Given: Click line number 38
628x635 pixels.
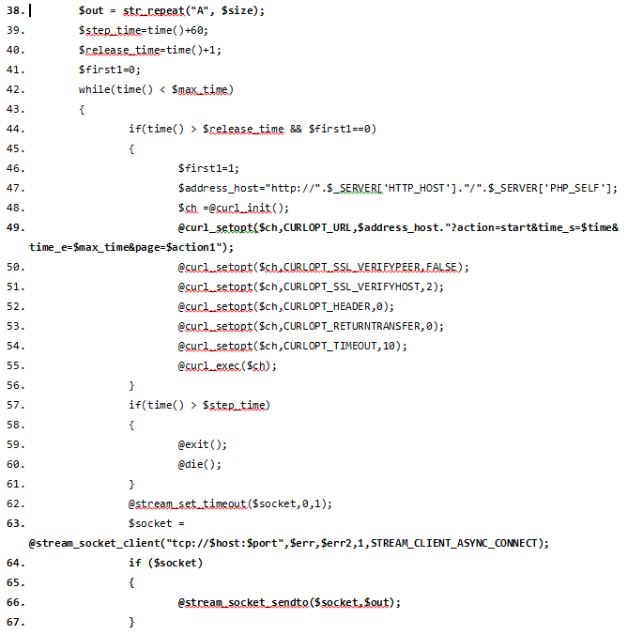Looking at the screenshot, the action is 16,10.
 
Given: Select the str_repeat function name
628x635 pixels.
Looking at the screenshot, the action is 154,11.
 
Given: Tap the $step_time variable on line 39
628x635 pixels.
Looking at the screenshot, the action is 110,31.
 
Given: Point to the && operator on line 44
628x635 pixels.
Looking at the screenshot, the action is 296,129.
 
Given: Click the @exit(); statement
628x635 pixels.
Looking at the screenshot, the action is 203,444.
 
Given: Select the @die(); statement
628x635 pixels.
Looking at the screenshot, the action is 200,464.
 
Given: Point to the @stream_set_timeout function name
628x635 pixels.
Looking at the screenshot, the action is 188,504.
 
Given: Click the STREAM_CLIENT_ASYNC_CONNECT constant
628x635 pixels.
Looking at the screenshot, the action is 454,543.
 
